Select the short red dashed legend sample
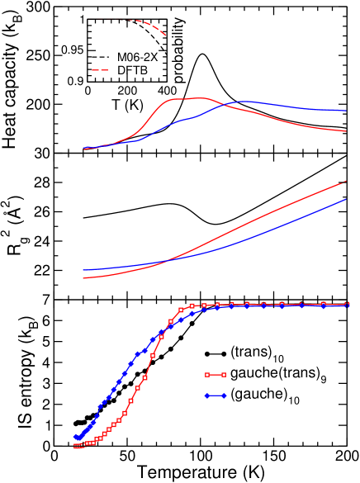pos(100,70)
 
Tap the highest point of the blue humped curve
pos(246,102)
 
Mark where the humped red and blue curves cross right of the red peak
pos(222,105)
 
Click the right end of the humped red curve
pos(346,130)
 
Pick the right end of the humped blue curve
pos(346,111)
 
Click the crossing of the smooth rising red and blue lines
pos(168,261)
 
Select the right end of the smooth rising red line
pos(346,182)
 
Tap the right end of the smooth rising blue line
pos(346,199)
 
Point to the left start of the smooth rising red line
pos(83,278)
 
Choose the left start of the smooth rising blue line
pos(83,270)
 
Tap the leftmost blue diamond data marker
pos(76,437)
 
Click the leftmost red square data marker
pos(76,446)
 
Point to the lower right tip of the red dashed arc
pos(166,36)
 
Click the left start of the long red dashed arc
pos(93,18)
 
